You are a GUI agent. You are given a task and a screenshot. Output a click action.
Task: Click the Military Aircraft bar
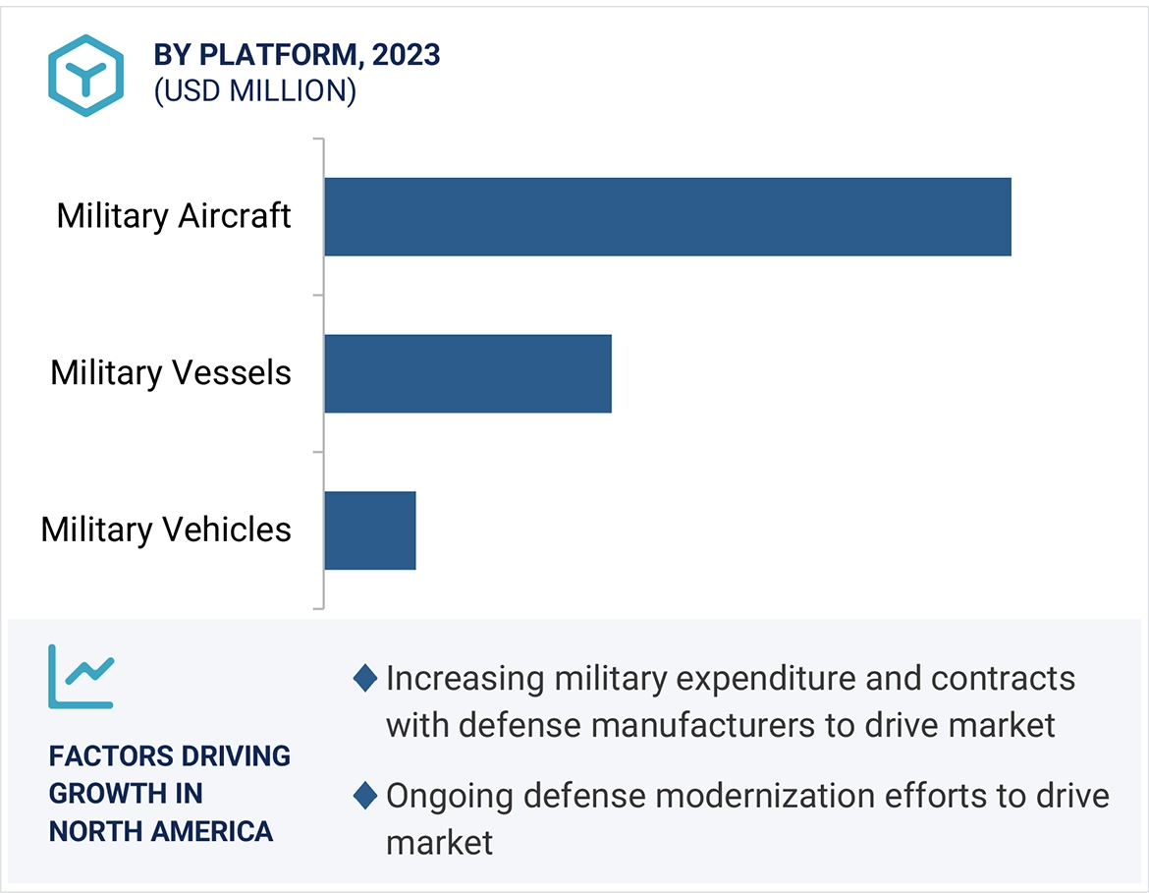(x=668, y=216)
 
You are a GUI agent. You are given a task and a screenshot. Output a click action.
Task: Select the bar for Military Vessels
(x=467, y=373)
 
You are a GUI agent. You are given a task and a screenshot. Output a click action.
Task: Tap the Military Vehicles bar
(x=370, y=530)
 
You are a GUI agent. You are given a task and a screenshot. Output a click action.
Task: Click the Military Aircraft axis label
(x=174, y=216)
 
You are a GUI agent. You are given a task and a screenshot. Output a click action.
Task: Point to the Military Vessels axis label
(x=171, y=373)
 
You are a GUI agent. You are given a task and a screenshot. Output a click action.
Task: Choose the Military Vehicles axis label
(x=166, y=530)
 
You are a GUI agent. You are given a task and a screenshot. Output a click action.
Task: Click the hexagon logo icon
(x=86, y=76)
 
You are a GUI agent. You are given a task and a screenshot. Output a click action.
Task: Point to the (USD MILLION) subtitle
(x=254, y=91)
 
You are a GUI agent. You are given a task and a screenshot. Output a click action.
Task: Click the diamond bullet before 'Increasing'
(x=365, y=678)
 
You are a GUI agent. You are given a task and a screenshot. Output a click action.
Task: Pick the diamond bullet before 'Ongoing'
(x=365, y=796)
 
